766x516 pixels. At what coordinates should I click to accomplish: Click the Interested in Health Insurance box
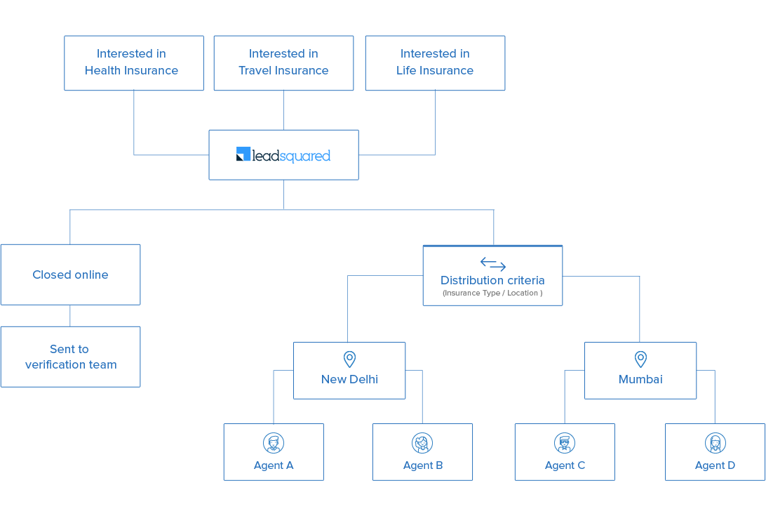click(x=133, y=62)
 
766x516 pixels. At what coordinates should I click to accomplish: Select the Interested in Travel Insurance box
click(x=283, y=62)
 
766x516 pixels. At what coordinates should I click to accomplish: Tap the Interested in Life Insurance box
click(x=435, y=62)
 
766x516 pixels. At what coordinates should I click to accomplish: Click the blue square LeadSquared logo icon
click(x=243, y=154)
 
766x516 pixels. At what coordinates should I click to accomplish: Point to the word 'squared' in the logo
click(x=304, y=156)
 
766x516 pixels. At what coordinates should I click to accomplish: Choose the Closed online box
click(x=70, y=274)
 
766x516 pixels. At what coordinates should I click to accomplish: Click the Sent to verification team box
click(x=70, y=357)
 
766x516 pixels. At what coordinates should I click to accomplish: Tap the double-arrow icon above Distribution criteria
click(x=492, y=264)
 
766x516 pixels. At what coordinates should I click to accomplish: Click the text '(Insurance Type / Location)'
click(x=492, y=293)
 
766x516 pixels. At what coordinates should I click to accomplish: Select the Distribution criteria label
click(x=492, y=280)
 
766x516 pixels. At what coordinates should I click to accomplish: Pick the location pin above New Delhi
click(x=349, y=359)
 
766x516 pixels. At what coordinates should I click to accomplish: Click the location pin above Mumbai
click(x=640, y=359)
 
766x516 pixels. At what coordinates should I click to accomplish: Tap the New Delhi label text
click(x=349, y=379)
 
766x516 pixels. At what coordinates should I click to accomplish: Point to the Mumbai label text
click(x=640, y=379)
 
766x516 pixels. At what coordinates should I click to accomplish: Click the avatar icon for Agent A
click(x=274, y=443)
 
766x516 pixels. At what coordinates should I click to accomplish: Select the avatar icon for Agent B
click(x=422, y=443)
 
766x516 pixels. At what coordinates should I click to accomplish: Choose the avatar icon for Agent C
click(x=565, y=443)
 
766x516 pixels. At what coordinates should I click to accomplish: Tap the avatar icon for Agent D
click(x=715, y=443)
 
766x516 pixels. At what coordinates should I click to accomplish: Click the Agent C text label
click(x=565, y=465)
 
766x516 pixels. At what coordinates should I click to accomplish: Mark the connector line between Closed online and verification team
click(x=70, y=316)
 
